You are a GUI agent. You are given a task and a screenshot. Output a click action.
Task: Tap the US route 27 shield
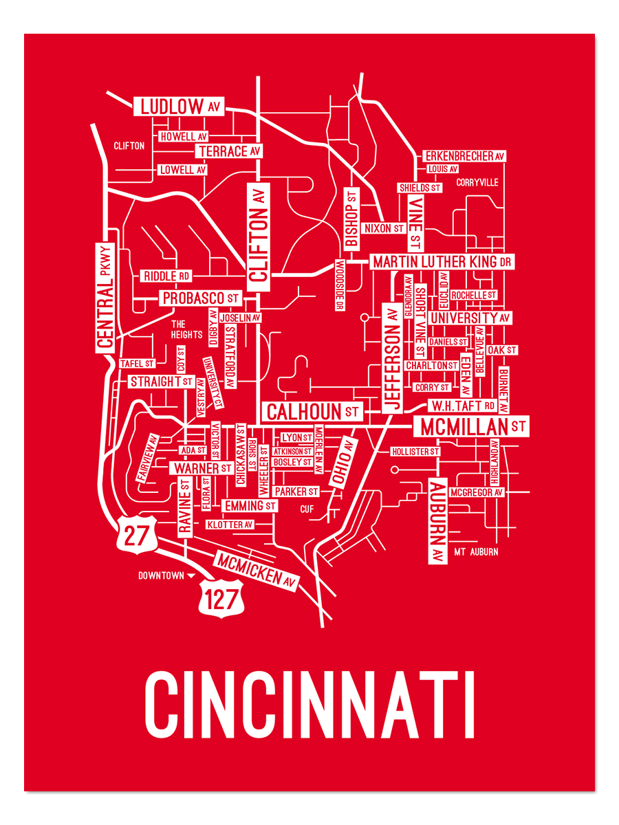(136, 534)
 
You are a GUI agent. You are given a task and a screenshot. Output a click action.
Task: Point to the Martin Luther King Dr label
(442, 262)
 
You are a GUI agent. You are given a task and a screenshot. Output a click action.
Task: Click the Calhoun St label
(312, 412)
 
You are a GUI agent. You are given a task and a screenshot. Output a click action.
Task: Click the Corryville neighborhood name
(477, 183)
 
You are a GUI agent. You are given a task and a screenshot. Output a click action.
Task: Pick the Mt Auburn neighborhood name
(476, 552)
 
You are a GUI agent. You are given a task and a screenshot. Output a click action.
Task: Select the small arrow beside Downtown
(191, 576)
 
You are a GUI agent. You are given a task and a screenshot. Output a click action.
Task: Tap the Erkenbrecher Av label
(464, 157)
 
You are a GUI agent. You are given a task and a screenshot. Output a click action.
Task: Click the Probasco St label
(200, 298)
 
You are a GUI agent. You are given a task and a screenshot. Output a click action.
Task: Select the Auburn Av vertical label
(437, 520)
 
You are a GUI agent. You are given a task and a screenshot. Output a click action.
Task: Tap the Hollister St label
(415, 452)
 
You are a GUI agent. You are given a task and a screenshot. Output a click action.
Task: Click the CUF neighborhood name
(307, 509)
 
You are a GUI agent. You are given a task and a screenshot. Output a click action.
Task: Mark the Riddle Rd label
(166, 276)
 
